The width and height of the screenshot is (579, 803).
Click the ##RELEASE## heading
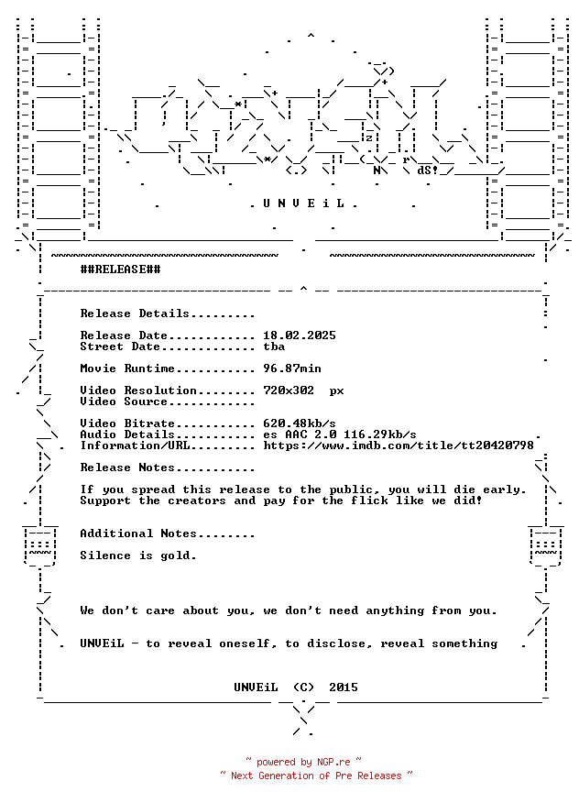point(120,269)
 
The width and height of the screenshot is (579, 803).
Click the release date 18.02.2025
point(300,335)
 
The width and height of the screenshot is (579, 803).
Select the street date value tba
point(274,346)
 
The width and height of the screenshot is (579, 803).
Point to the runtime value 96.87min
point(292,368)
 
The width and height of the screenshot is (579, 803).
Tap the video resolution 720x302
point(289,390)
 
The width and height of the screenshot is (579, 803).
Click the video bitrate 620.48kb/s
point(300,423)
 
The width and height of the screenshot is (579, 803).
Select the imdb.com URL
point(399,445)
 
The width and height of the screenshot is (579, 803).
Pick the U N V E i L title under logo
point(303,203)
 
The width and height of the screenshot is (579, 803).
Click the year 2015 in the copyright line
point(344,687)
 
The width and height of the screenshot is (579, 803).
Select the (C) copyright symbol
point(303,687)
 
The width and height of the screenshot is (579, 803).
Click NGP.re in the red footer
point(333,762)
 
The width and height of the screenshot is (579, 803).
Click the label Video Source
point(124,401)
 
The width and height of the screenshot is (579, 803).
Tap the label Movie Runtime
point(127,368)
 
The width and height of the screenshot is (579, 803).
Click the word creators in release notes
point(197,500)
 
